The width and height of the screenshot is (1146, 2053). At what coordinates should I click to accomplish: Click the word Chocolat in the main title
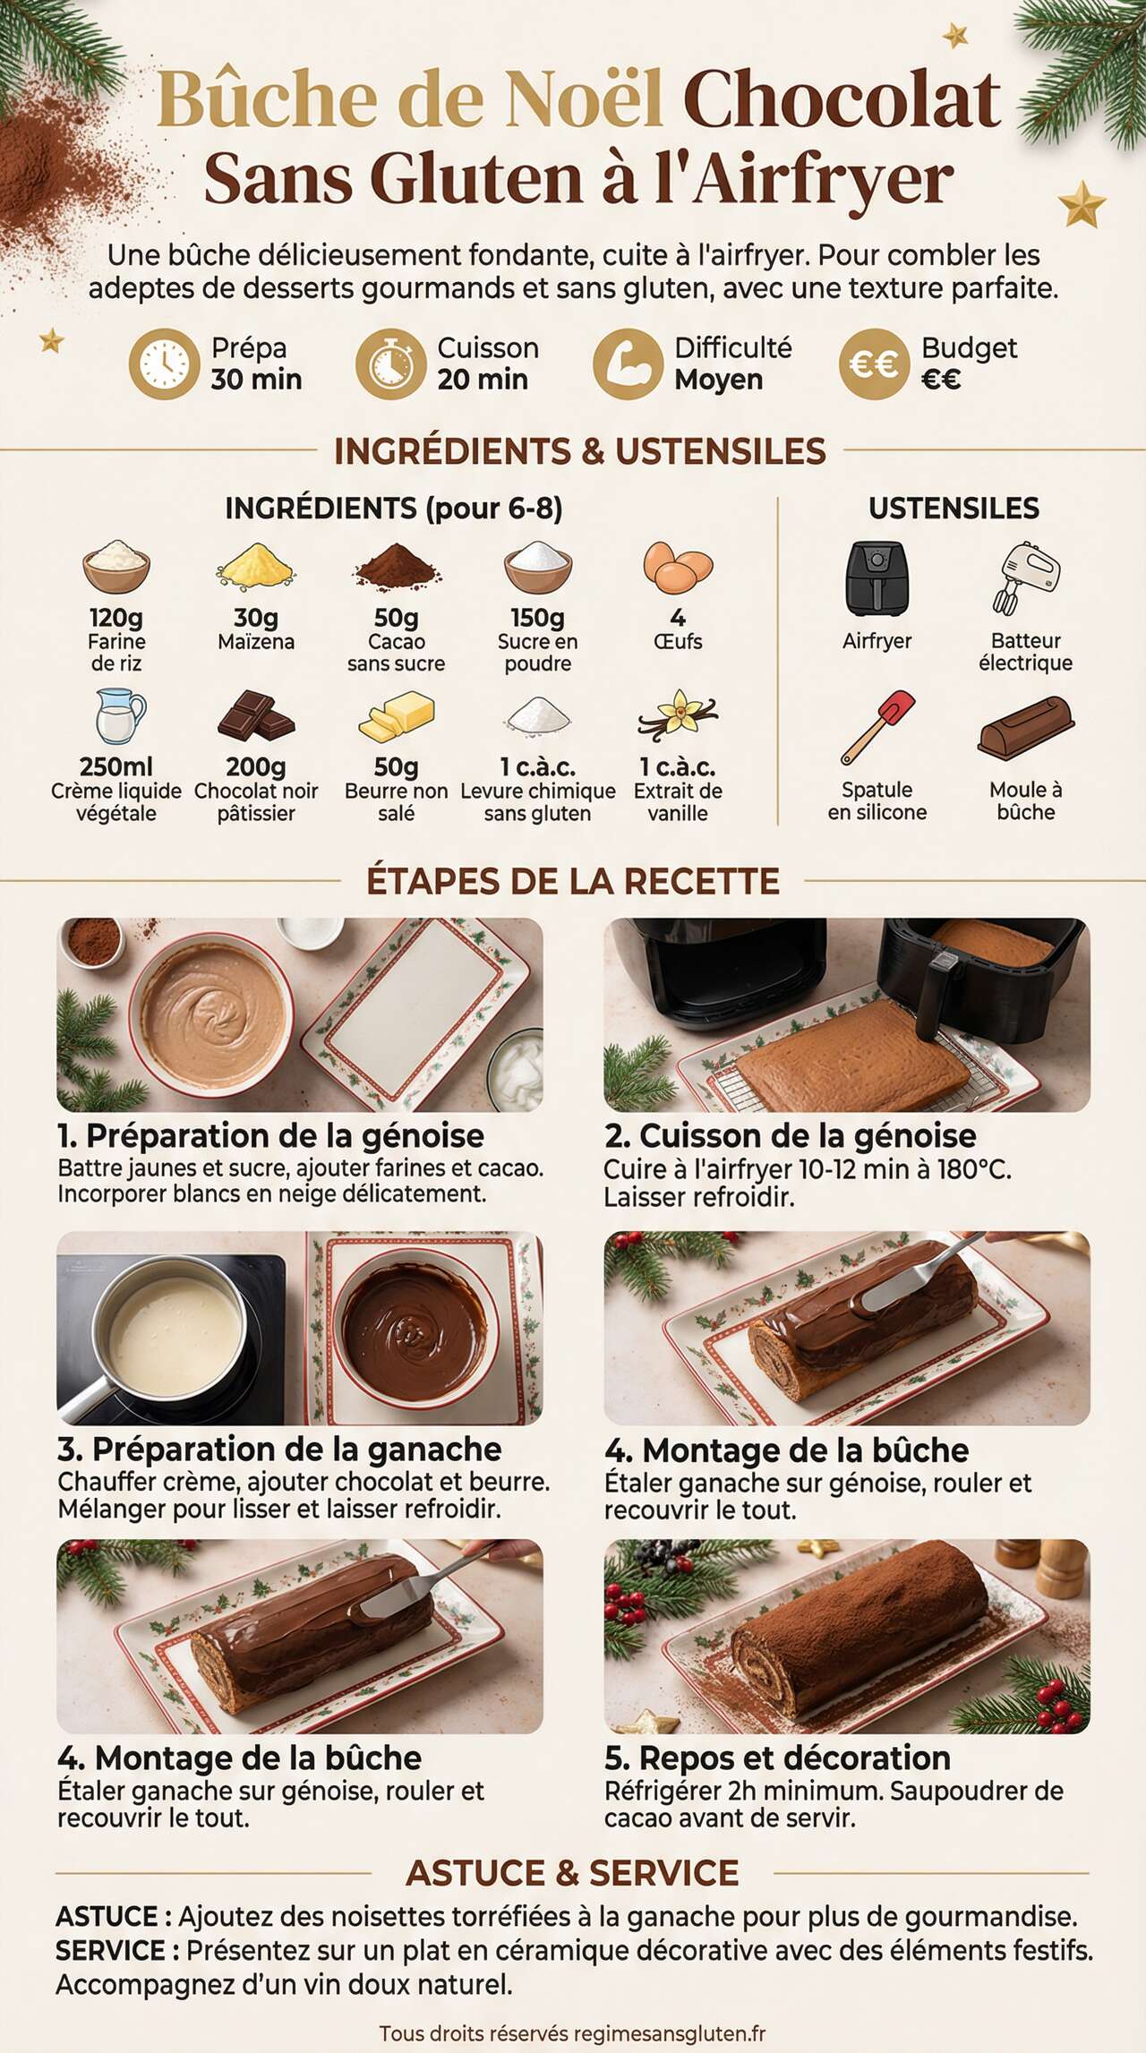coord(842,100)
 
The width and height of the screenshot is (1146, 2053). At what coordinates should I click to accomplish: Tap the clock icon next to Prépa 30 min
coord(164,364)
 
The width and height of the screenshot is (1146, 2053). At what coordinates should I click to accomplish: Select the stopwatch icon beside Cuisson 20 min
coord(390,364)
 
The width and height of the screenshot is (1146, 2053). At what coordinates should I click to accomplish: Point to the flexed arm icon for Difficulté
coord(628,364)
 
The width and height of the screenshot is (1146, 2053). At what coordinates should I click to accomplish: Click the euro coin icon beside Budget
coord(874,364)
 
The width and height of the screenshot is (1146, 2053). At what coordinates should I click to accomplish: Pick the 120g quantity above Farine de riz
coord(116,618)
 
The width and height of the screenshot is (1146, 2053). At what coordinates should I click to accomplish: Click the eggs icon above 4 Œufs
coord(678,568)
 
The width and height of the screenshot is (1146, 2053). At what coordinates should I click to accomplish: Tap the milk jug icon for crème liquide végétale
coord(119,715)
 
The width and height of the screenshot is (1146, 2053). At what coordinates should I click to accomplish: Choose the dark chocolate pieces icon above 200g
coord(256,715)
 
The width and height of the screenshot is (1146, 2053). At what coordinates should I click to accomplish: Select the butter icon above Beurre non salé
coord(397,715)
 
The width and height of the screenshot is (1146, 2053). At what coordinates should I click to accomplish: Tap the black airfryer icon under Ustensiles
coord(877,578)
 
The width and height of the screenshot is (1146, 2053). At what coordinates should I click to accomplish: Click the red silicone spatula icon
coord(877,726)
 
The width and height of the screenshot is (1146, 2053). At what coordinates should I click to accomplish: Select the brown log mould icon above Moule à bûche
coord(1026,726)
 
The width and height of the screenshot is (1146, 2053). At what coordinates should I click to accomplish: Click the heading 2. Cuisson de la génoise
coord(791,1136)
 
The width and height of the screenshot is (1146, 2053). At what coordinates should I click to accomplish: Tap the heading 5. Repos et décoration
coord(777,1758)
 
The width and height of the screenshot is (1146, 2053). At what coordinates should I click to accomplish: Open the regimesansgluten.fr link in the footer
coord(670,2034)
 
